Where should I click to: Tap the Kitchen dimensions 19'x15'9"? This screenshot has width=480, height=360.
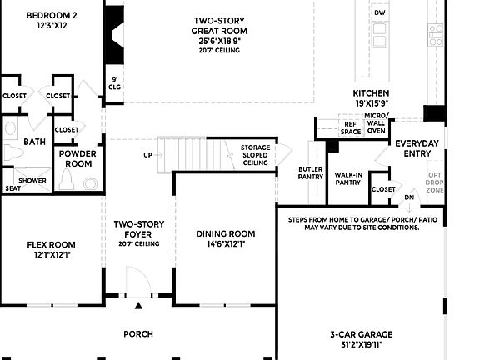(371, 103)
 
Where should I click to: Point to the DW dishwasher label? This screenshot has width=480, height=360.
(380, 13)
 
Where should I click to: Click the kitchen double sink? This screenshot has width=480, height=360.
(380, 35)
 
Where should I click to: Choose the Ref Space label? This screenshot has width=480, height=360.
(351, 127)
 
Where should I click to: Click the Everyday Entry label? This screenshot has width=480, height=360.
(417, 148)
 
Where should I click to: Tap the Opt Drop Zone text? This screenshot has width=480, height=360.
(435, 182)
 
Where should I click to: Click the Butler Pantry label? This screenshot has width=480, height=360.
(310, 172)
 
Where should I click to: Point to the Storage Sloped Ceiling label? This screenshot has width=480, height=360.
(255, 155)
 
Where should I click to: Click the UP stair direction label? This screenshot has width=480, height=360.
(147, 155)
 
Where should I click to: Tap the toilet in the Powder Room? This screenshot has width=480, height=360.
(90, 183)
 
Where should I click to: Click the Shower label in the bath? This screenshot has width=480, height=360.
(32, 180)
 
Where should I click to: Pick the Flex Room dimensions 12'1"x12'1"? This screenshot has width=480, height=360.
(52, 256)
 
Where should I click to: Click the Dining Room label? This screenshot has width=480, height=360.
(225, 234)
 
